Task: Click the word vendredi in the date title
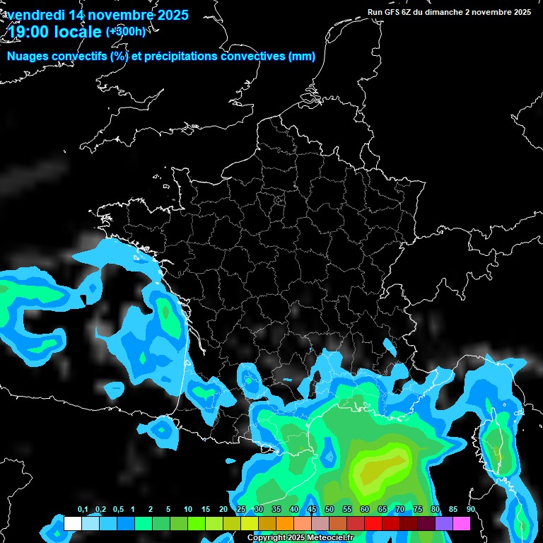tap(36, 15)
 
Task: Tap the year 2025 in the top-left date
tap(168, 15)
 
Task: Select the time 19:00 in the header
tap(28, 31)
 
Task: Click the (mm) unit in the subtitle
tap(302, 57)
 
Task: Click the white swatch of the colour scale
tap(72, 523)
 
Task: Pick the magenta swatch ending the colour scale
tap(462, 523)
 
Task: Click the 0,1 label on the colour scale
tap(83, 510)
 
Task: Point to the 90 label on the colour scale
tap(470, 510)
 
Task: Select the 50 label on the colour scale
tap(329, 510)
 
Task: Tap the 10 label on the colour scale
tap(188, 510)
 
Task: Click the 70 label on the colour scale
tap(400, 510)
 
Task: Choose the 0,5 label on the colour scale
tap(118, 510)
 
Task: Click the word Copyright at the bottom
tap(266, 538)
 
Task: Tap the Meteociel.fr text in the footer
tap(330, 538)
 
